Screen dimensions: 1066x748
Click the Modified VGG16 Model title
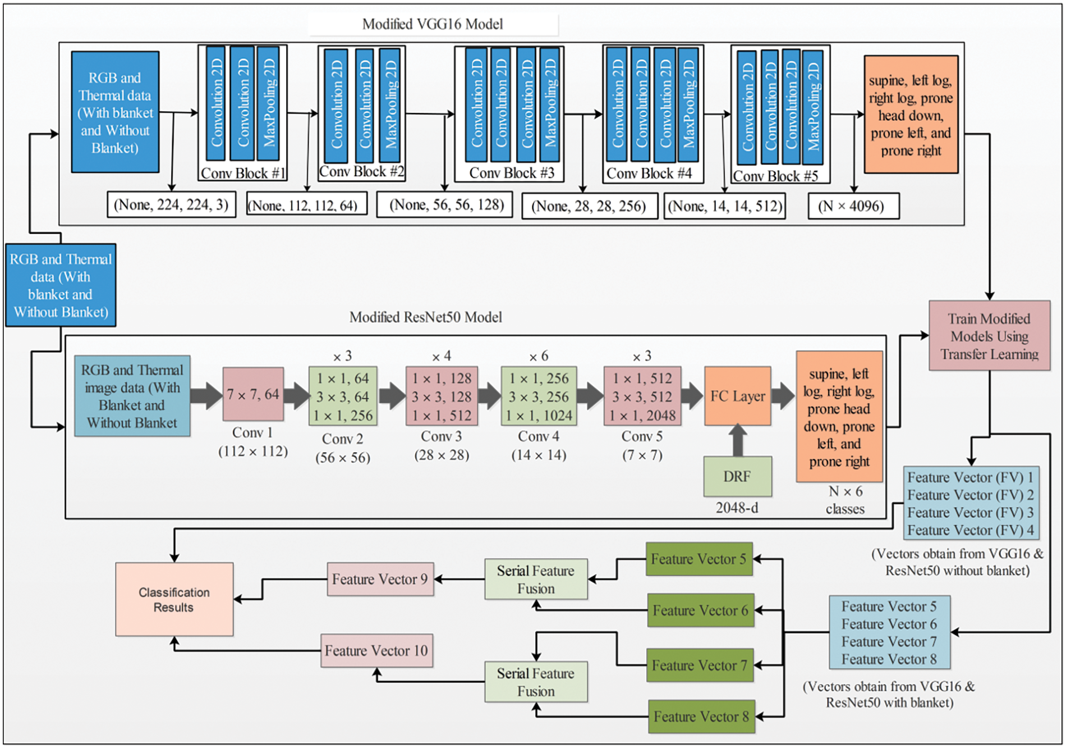click(433, 24)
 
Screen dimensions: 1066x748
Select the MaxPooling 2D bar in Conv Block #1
click(268, 103)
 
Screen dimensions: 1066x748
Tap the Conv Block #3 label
click(512, 173)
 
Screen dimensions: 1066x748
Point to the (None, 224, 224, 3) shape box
click(171, 204)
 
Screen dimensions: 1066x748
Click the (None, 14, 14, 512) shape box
click(725, 206)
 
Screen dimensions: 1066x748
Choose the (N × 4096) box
click(853, 206)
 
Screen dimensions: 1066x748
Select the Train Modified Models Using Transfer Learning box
click(989, 336)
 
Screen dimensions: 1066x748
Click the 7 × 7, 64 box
click(253, 394)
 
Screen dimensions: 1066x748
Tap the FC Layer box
click(738, 396)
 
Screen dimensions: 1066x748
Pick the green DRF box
click(738, 476)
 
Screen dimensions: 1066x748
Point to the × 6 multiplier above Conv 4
click(539, 356)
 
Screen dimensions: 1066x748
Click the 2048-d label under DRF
click(737, 508)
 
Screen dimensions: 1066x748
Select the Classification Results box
click(174, 599)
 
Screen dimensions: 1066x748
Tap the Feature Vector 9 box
click(380, 579)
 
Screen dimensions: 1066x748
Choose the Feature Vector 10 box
click(376, 650)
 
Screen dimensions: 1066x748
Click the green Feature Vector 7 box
click(700, 665)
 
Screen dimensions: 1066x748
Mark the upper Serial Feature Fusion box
click(536, 579)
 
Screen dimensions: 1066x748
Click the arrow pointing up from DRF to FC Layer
click(738, 440)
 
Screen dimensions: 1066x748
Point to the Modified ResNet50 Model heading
click(425, 317)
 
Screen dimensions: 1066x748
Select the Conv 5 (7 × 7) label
click(642, 445)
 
